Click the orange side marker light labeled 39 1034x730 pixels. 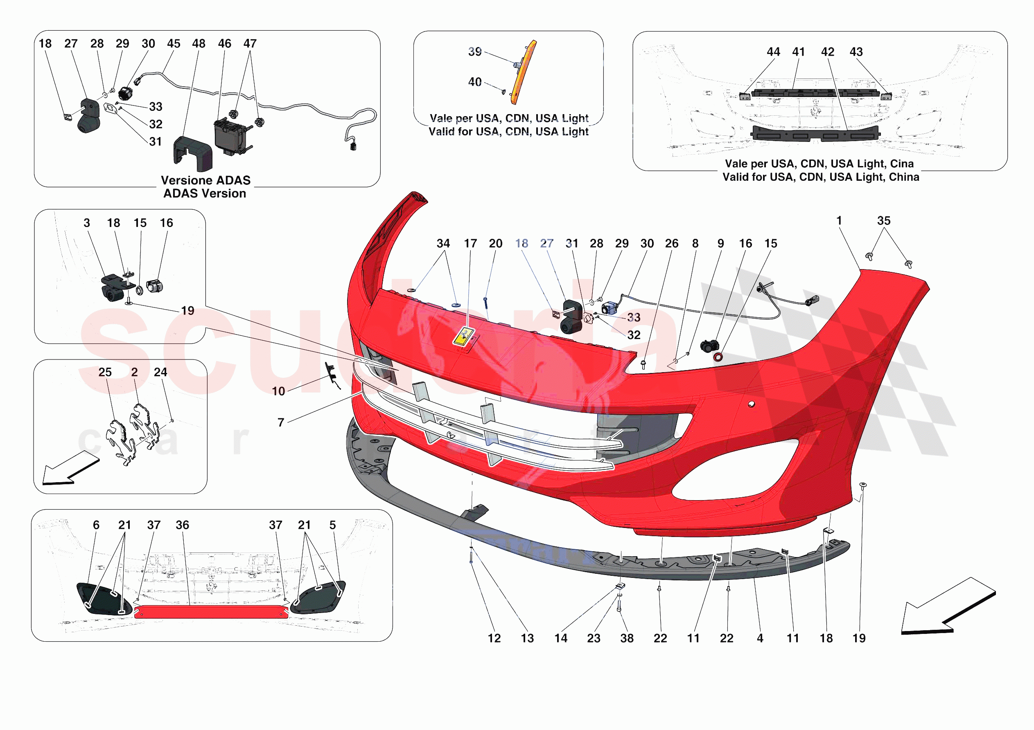click(524, 72)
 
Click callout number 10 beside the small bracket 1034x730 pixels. click(278, 391)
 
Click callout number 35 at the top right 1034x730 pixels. click(884, 220)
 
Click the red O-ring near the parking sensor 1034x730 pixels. click(718, 357)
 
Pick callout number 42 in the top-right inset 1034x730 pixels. click(827, 52)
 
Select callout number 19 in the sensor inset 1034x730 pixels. click(187, 310)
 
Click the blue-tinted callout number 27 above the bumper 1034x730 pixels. click(547, 243)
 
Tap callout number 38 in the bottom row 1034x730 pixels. click(626, 638)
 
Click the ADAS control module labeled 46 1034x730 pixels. click(230, 135)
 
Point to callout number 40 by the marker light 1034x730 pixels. click(475, 82)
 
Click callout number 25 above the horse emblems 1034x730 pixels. click(105, 372)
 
